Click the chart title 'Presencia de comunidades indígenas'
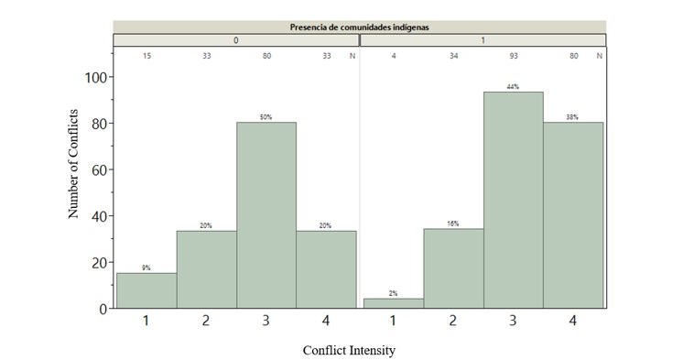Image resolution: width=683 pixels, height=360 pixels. [359, 27]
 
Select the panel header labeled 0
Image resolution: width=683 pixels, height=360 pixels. [235, 40]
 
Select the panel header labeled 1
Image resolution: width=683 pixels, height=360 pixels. [482, 40]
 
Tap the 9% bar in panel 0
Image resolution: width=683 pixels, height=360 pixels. [146, 290]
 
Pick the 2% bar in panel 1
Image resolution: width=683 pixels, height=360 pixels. [393, 303]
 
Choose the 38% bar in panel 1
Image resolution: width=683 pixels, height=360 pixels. [573, 215]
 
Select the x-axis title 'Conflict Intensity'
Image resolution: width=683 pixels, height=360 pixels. [351, 349]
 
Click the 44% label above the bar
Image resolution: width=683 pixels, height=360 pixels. [513, 87]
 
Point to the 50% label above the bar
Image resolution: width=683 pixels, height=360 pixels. [266, 117]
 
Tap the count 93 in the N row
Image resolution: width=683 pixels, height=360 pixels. [513, 57]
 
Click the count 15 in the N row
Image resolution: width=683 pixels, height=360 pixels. [146, 57]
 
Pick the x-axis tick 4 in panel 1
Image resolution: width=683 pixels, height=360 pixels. [573, 322]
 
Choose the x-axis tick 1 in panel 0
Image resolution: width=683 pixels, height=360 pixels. [146, 322]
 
